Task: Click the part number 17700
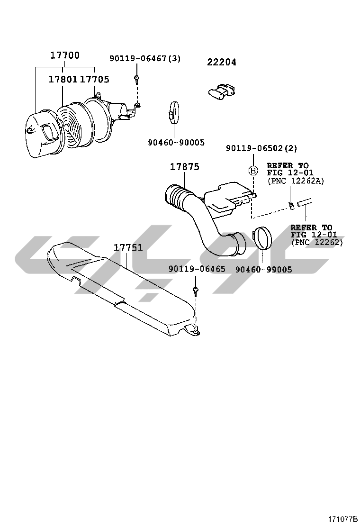click(x=65, y=55)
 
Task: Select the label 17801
click(x=63, y=79)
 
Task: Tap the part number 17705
click(x=95, y=79)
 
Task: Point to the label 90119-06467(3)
click(x=145, y=58)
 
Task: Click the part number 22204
click(x=221, y=62)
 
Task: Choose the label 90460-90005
click(x=176, y=143)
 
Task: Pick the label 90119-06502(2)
click(x=261, y=148)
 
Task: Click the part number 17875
click(x=184, y=167)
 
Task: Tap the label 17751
click(x=128, y=248)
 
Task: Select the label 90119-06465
click(x=197, y=269)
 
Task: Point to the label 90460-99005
click(x=264, y=269)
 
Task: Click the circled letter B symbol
click(x=253, y=171)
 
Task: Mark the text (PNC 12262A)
click(x=296, y=181)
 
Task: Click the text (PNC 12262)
click(x=317, y=242)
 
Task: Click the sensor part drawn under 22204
click(x=221, y=91)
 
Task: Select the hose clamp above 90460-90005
click(x=174, y=112)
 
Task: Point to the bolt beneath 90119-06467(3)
click(x=136, y=79)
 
